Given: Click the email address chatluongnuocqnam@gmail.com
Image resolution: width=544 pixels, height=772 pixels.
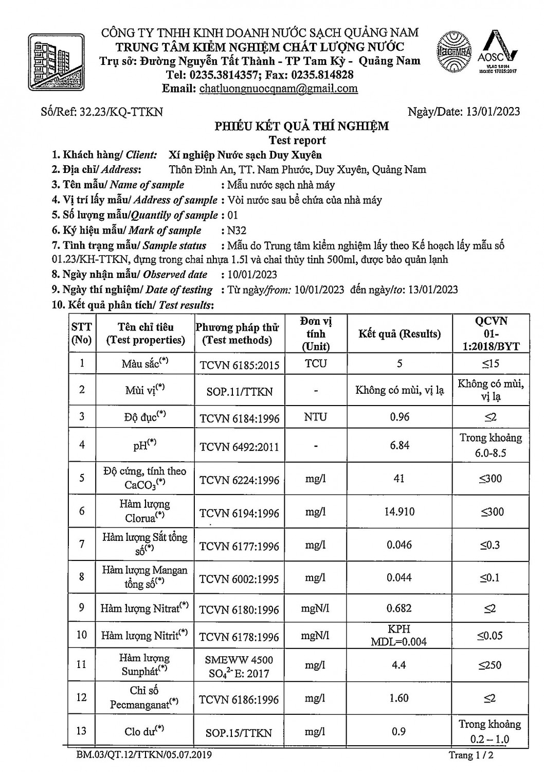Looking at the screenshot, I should pos(278,89).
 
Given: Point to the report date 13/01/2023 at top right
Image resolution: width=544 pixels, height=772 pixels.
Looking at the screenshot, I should pos(492,112).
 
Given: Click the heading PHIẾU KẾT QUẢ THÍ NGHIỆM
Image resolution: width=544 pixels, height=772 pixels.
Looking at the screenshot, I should pos(301,126).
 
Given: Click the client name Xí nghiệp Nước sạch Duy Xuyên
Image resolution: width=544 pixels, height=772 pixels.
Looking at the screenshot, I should pos(245,154).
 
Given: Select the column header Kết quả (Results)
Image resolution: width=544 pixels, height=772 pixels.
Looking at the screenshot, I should pos(400,334).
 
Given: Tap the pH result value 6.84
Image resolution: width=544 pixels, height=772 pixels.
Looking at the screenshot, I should pos(400,445).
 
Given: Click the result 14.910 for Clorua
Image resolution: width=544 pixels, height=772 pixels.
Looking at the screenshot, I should pos(400,512).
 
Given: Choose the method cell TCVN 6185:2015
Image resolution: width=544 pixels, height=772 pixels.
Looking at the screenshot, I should pos(240,365).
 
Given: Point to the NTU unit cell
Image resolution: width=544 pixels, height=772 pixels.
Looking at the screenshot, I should pos(315,417).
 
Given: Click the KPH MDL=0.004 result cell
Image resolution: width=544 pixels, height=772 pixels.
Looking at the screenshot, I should pos(399,636).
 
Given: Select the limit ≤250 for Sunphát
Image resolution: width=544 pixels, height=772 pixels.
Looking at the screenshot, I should pos(489,665).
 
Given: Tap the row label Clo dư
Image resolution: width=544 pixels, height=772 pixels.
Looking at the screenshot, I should pos(144,731).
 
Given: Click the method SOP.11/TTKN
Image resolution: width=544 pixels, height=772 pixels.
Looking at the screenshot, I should pos(239,391).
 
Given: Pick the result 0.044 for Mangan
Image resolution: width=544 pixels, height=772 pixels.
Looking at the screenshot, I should pos(399,577).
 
